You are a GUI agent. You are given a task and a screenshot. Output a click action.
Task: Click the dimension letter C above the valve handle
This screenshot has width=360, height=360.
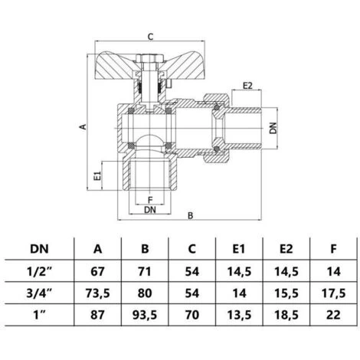click(x=150, y=36)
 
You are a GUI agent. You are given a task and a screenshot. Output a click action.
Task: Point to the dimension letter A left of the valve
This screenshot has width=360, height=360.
click(x=82, y=128)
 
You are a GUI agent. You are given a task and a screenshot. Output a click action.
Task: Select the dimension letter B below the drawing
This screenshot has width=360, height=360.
click(x=189, y=217)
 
